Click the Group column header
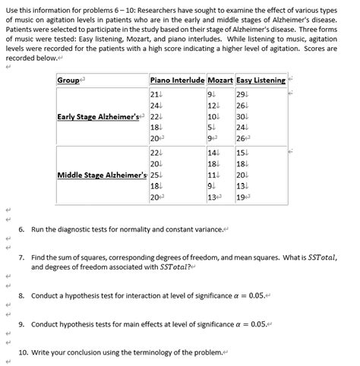click(69, 80)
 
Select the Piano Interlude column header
click(178, 80)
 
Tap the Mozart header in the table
click(219, 80)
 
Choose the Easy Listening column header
click(260, 80)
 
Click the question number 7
click(21, 257)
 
